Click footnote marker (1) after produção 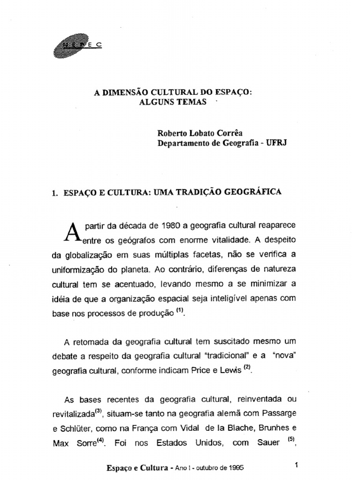tap(180, 313)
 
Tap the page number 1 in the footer tap(297, 465)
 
